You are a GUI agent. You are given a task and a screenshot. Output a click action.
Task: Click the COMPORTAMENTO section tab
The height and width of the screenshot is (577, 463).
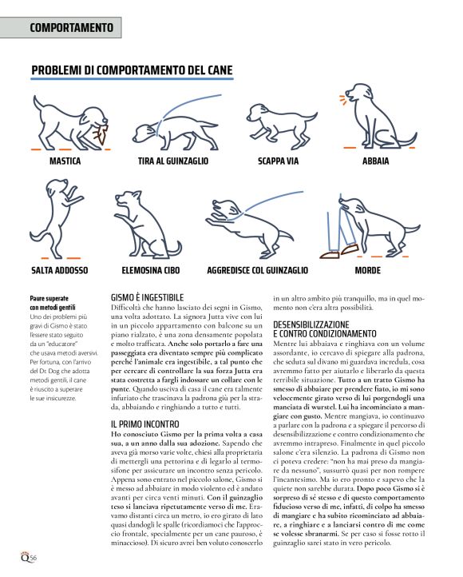pyautogui.click(x=71, y=27)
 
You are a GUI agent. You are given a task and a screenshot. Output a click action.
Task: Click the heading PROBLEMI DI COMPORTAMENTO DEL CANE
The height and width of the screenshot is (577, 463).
pyautogui.click(x=132, y=71)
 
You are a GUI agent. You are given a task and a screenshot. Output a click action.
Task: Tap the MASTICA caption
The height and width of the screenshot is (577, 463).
pyautogui.click(x=65, y=161)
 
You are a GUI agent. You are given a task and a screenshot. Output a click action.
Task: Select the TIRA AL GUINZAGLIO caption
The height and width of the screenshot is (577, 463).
pyautogui.click(x=172, y=161)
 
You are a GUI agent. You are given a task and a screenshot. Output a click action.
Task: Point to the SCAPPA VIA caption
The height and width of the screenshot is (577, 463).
pyautogui.click(x=279, y=161)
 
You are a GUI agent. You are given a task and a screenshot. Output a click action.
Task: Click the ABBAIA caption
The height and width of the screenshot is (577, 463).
pyautogui.click(x=375, y=161)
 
